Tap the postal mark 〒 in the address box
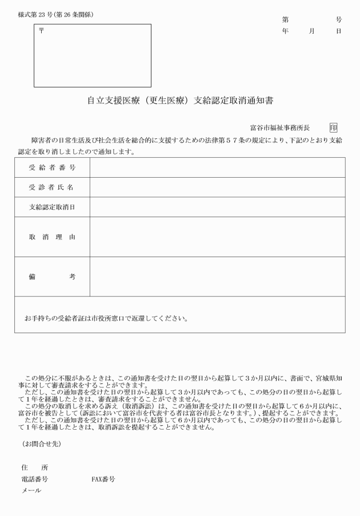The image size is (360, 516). pyautogui.click(x=41, y=30)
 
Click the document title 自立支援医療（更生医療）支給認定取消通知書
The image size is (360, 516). pyautogui.click(x=180, y=101)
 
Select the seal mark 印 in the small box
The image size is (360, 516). pyautogui.click(x=333, y=127)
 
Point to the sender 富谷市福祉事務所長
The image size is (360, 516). pyautogui.click(x=280, y=127)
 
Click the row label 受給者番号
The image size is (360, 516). pyautogui.click(x=52, y=167)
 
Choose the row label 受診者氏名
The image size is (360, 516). pyautogui.click(x=52, y=187)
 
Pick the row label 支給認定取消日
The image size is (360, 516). pyautogui.click(x=52, y=207)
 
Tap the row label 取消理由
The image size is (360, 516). pyautogui.click(x=52, y=237)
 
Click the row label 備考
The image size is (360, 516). pyautogui.click(x=52, y=277)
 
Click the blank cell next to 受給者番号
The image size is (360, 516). pyautogui.click(x=217, y=167)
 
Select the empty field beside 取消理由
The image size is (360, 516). pyautogui.click(x=217, y=237)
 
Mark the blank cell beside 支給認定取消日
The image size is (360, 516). pyautogui.click(x=217, y=207)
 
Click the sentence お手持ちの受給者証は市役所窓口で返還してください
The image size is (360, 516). pyautogui.click(x=106, y=318)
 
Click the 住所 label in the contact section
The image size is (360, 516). pyautogui.click(x=35, y=467)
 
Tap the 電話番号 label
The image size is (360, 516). pyautogui.click(x=34, y=479)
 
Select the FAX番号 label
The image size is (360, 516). pyautogui.click(x=103, y=479)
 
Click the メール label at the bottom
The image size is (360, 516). pyautogui.click(x=31, y=490)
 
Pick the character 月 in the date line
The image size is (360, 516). pyautogui.click(x=312, y=31)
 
